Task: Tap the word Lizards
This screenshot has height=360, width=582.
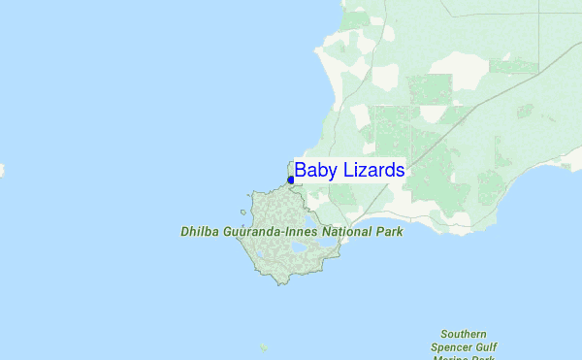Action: point(371,170)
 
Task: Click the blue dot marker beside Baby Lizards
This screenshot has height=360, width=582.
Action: point(291,180)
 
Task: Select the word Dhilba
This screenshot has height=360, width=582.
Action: point(202,233)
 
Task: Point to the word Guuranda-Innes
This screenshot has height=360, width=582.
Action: point(274,233)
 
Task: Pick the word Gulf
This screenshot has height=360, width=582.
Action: point(493,346)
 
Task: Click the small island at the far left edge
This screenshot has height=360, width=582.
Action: point(1,171)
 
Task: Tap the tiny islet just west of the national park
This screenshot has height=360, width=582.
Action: point(244,210)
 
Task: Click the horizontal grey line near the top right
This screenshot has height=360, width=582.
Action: point(524,13)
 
